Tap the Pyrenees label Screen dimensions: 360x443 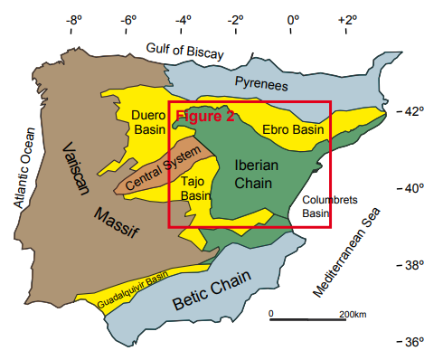pyautogui.click(x=260, y=84)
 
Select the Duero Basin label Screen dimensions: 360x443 pyautogui.click(x=148, y=123)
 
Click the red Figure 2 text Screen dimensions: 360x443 pyautogui.click(x=204, y=116)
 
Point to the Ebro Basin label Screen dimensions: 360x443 pyautogui.click(x=293, y=130)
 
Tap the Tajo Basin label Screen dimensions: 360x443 pyautogui.click(x=195, y=188)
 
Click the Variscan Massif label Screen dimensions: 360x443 pyautogui.click(x=99, y=194)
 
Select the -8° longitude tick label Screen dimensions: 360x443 pyautogui.click(x=75, y=18)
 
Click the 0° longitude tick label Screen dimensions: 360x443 pyautogui.click(x=293, y=18)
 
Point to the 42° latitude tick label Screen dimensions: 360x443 pyautogui.click(x=412, y=111)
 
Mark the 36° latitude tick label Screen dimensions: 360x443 pyautogui.click(x=412, y=343)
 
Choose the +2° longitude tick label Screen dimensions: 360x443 pyautogui.click(x=346, y=18)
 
